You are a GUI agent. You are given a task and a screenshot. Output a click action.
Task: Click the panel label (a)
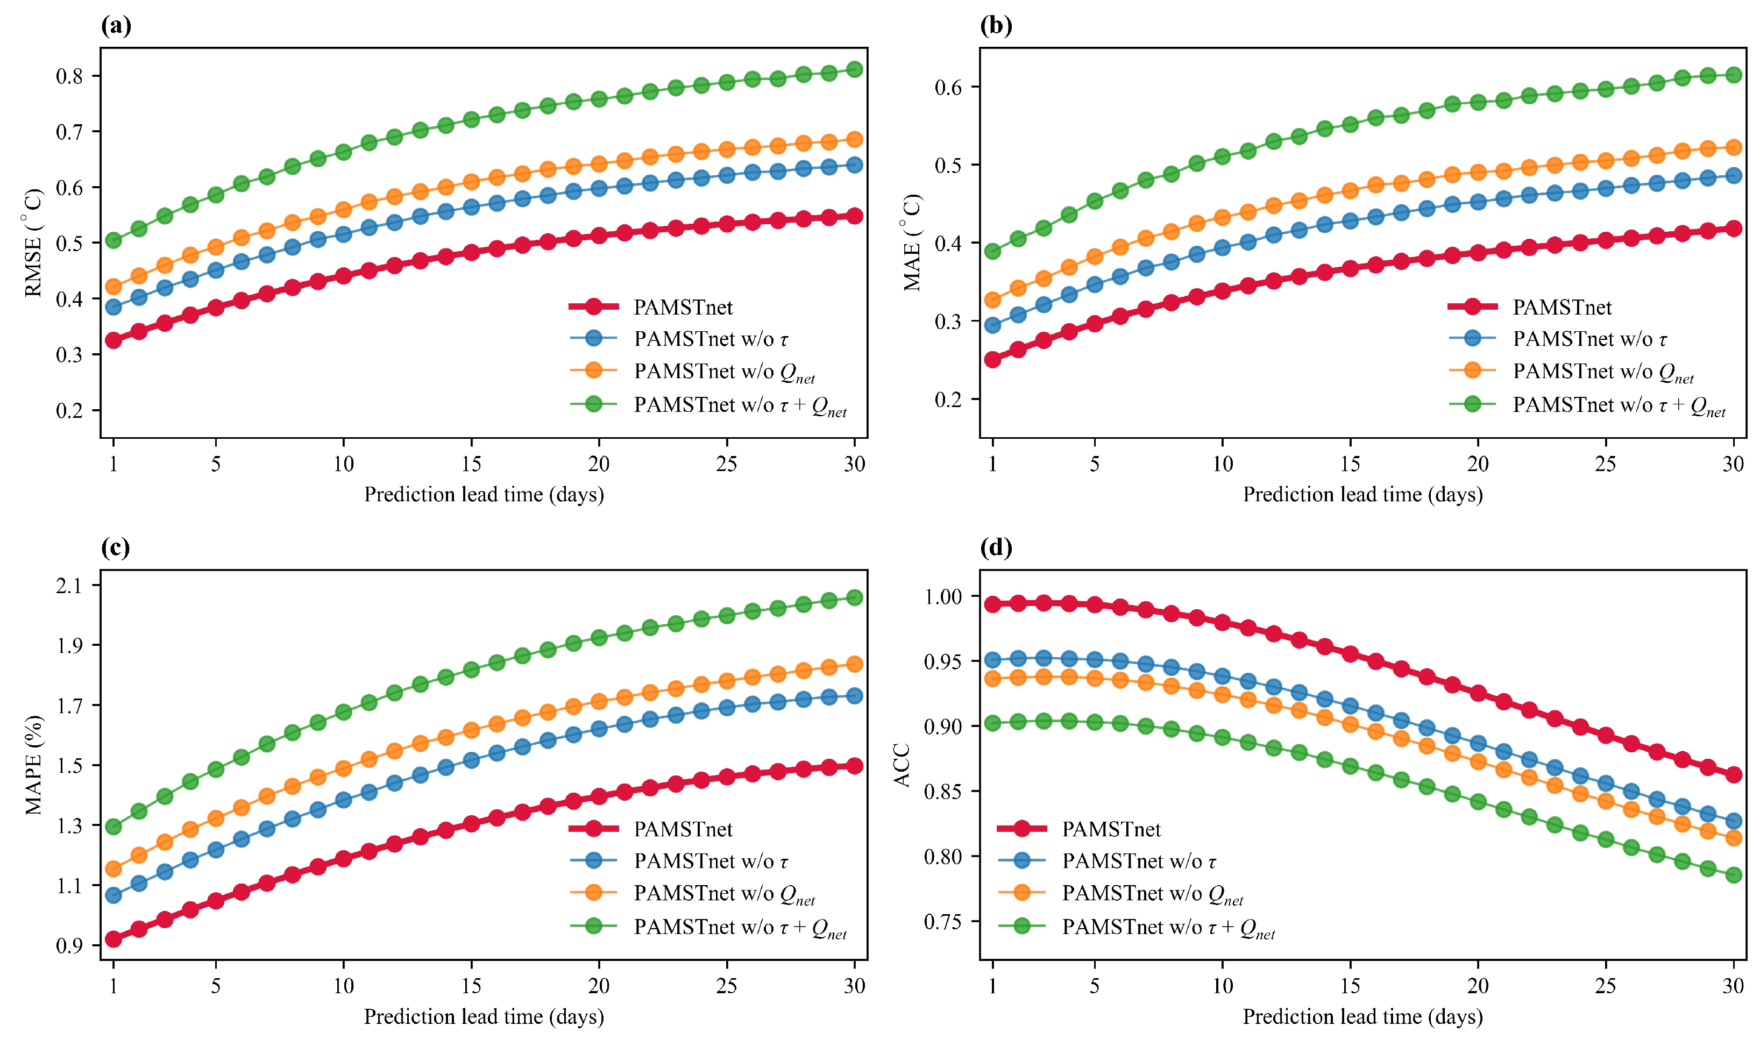tap(116, 26)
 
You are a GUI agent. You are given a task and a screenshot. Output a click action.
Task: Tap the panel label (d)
tap(996, 547)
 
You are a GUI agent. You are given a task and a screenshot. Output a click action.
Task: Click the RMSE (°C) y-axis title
tap(34, 243)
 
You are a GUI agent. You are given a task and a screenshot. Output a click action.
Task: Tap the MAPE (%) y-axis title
tap(34, 765)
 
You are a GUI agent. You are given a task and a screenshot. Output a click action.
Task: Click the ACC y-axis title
tap(903, 765)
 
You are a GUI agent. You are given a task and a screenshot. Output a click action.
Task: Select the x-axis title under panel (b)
tap(1362, 495)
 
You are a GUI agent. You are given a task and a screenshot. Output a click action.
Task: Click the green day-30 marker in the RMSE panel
tap(854, 69)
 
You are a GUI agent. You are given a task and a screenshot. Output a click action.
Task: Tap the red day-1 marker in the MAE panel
tap(992, 360)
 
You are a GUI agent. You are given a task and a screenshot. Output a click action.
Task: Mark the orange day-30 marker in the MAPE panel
tap(854, 664)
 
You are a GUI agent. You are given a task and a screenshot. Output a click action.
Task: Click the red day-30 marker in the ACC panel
tap(1733, 774)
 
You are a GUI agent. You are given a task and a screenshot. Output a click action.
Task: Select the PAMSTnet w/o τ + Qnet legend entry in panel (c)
tap(708, 927)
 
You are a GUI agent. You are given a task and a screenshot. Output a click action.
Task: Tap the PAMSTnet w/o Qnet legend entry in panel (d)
tap(1120, 894)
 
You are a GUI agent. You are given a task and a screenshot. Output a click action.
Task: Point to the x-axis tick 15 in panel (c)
tap(471, 986)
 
